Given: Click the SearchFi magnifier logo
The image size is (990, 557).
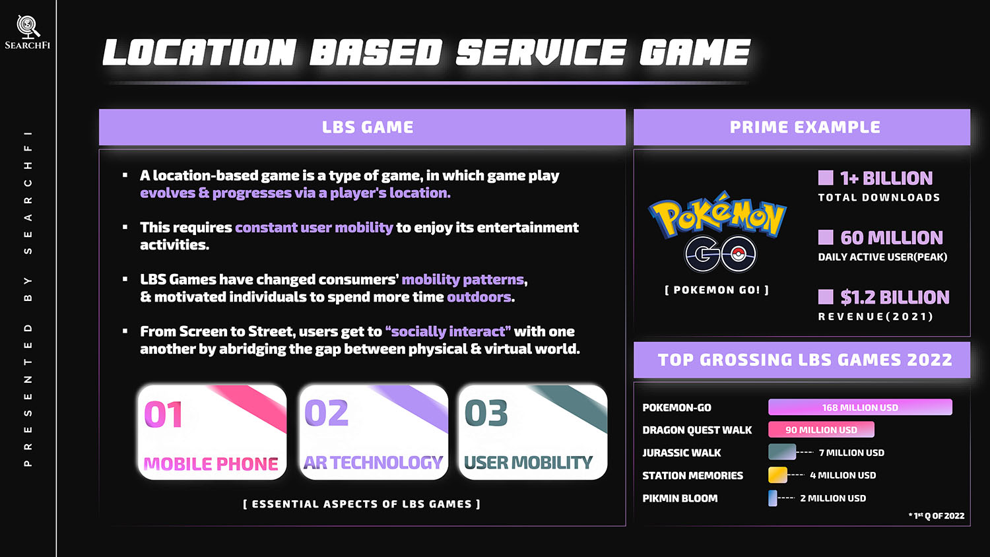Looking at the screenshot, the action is tap(28, 26).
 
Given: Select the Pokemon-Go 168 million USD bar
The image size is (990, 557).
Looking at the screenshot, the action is tap(860, 407).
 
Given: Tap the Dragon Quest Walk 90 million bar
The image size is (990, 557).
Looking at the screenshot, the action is tap(821, 430).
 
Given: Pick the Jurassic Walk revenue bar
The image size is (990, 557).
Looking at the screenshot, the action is tap(782, 452).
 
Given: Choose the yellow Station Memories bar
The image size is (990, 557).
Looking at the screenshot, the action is tap(777, 475).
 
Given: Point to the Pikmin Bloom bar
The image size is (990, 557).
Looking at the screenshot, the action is tap(773, 498).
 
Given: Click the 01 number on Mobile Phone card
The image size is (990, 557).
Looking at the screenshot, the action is tap(163, 414).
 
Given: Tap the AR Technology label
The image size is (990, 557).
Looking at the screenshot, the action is tap(373, 463).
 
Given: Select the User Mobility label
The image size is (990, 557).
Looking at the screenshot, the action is tap(528, 463).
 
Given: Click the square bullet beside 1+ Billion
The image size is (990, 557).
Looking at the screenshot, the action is tap(826, 178).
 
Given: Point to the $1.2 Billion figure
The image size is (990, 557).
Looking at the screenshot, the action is tap(894, 297).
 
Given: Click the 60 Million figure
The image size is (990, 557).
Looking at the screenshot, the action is tap(892, 238).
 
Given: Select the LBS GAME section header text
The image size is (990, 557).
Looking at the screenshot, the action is tap(368, 127).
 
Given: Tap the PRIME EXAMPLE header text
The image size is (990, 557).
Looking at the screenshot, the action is tap(805, 127).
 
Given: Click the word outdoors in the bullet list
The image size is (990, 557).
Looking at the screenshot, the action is tap(479, 296).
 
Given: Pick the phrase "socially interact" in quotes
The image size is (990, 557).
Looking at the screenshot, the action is tap(448, 331).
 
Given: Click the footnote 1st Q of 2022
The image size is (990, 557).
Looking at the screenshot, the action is tap(937, 515).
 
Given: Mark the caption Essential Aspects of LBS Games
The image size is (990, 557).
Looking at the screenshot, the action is tap(362, 504).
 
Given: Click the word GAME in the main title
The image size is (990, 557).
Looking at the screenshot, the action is tap(695, 52).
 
